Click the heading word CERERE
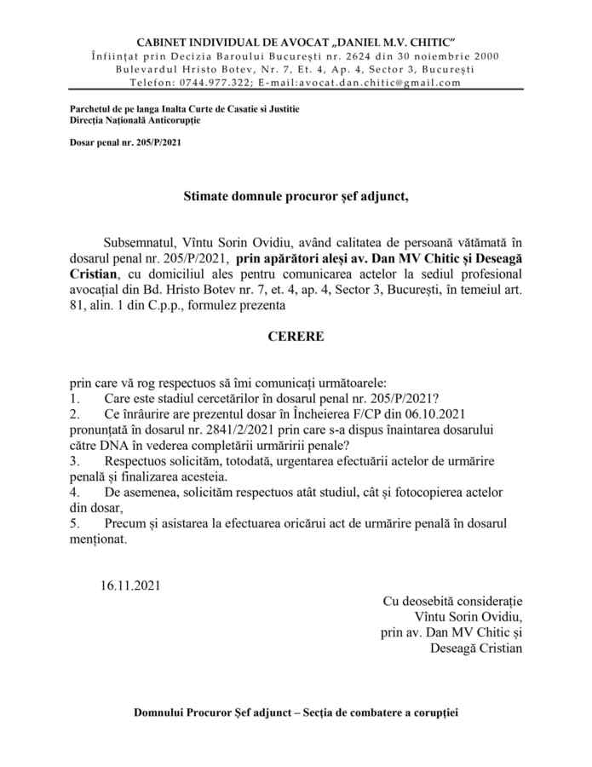(x=296, y=336)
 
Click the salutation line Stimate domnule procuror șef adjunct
(x=296, y=197)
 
